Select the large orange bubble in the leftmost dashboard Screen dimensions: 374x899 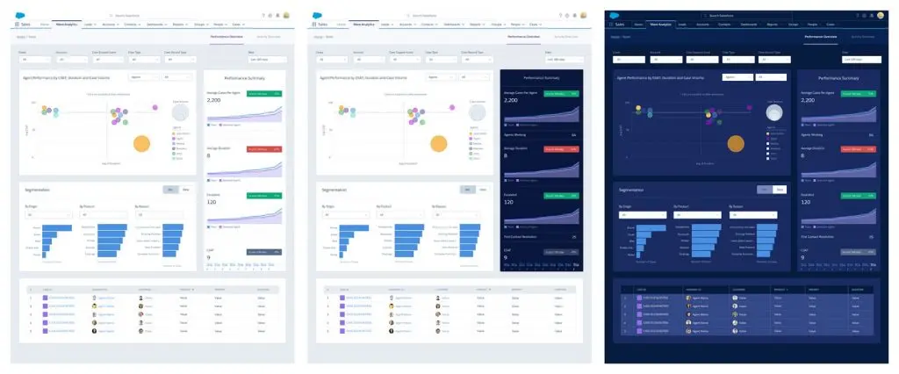pos(141,144)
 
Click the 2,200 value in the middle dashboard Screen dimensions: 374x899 pos(512,101)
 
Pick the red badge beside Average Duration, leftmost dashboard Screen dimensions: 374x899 pos(264,149)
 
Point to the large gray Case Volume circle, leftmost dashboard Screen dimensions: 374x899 pos(180,113)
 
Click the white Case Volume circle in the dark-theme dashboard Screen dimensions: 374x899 pos(774,113)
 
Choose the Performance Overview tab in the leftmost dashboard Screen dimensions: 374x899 pos(227,37)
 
